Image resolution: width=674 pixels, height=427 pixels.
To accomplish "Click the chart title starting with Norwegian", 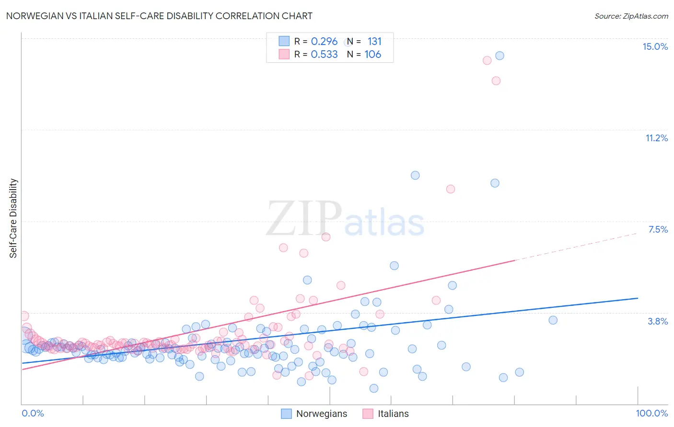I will point(159,16).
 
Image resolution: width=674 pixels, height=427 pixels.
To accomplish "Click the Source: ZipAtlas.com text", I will point(631,16).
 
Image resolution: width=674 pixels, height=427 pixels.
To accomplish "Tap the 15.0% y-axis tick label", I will point(655,46).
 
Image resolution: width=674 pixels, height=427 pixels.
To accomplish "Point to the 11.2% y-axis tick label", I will point(656,138).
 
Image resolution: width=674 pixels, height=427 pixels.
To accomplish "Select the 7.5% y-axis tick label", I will point(658,229).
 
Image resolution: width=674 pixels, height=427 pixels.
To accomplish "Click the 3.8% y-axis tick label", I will point(658,321).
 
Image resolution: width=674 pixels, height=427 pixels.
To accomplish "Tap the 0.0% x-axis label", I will point(33,413).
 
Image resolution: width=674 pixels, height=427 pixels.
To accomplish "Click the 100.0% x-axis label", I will point(651,413).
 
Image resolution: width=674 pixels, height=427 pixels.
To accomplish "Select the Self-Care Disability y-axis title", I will point(13,218).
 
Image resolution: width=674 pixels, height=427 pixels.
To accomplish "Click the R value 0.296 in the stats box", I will point(324,42).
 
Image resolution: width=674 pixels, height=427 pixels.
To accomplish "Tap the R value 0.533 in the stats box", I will point(324,55).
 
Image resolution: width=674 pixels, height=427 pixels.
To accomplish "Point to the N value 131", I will point(374,42).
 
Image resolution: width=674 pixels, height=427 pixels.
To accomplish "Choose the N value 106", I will point(373,55).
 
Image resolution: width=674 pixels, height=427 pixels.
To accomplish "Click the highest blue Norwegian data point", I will point(500,56).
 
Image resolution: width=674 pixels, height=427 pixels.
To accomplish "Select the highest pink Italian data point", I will point(487,60).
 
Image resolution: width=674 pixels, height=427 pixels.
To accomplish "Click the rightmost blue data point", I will point(553,320).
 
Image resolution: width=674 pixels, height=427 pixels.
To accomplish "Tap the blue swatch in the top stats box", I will point(284,41).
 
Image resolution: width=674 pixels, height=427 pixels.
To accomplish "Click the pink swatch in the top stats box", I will point(284,54).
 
